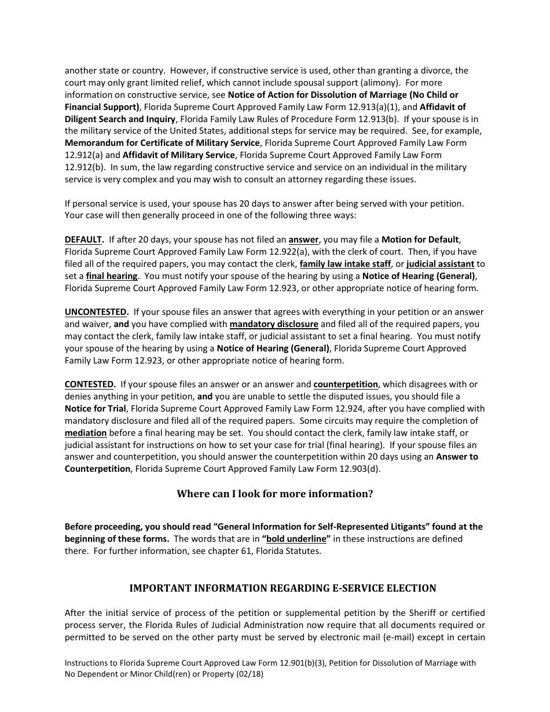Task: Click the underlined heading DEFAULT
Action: pos(84,240)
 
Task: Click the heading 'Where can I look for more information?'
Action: pos(274,494)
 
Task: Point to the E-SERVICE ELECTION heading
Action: pos(283,588)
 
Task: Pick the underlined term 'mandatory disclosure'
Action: pos(274,324)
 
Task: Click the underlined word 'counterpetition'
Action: pos(346,384)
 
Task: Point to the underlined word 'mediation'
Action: pos(86,433)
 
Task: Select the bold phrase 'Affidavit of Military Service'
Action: pos(179,155)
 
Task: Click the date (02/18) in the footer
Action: pos(252,674)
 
